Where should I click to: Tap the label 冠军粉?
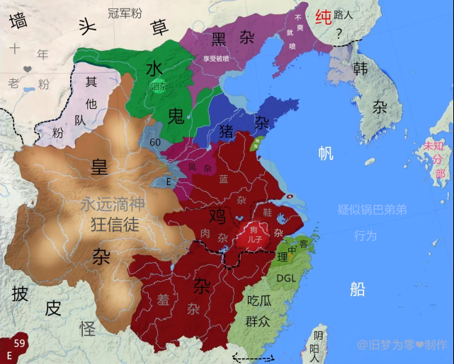click(x=124, y=12)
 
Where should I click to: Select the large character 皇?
click(x=99, y=167)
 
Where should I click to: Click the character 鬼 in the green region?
click(x=176, y=117)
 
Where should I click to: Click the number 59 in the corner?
click(x=21, y=343)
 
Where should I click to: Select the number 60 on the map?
click(x=155, y=143)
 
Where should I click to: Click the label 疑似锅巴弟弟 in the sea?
click(x=372, y=210)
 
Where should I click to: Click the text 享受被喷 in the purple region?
click(x=216, y=59)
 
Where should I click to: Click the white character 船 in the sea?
click(x=357, y=288)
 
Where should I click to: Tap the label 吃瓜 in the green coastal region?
click(x=258, y=300)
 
